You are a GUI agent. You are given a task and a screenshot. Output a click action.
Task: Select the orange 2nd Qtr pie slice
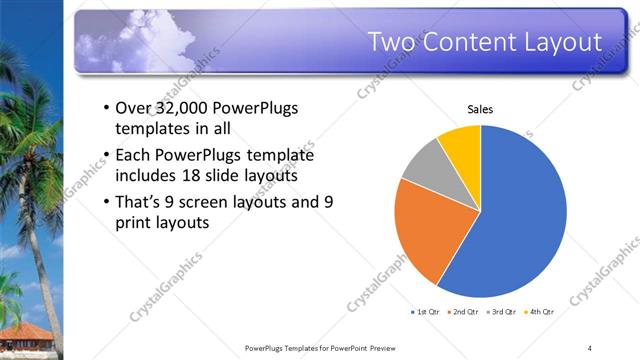[425, 225]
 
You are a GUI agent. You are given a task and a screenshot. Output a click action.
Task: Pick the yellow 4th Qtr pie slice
[463, 142]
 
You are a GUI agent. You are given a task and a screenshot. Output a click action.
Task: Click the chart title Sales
[481, 109]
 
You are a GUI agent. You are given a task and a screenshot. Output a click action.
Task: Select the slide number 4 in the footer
[590, 348]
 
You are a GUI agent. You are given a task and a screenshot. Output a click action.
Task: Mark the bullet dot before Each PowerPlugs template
[106, 156]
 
